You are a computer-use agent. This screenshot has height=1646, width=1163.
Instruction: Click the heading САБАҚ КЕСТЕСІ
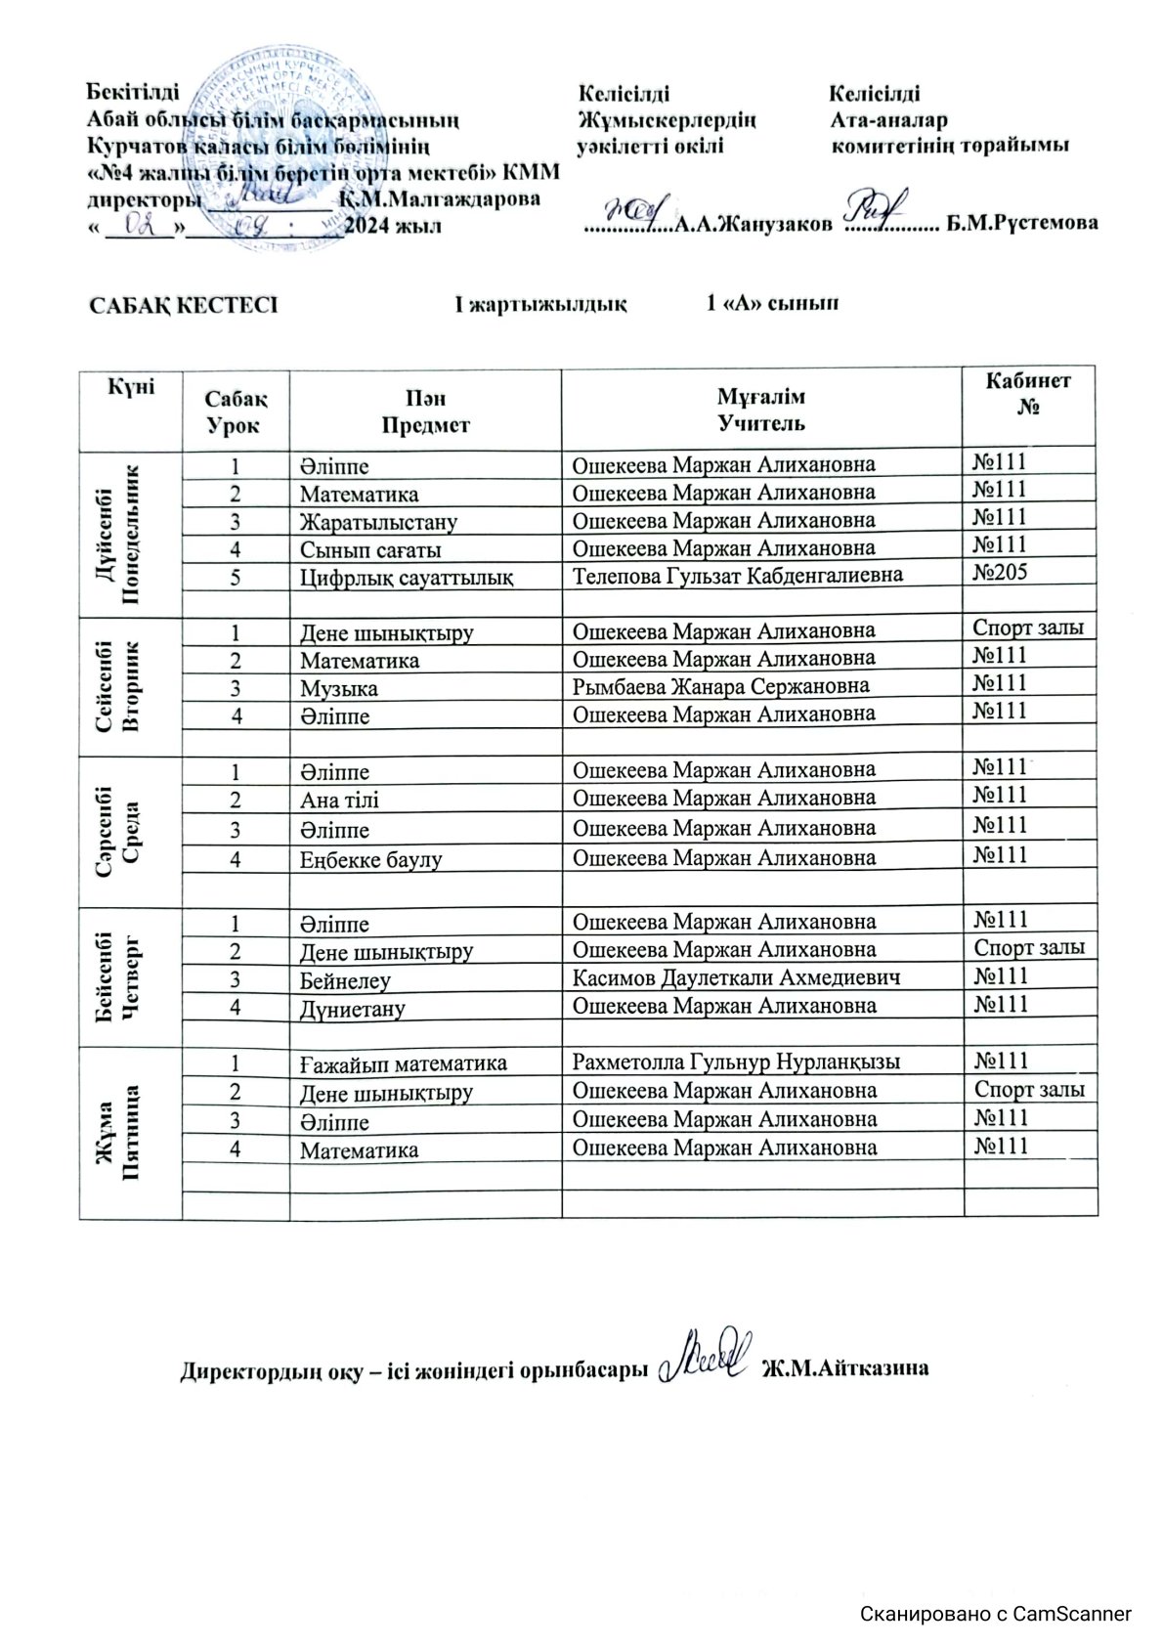coord(184,304)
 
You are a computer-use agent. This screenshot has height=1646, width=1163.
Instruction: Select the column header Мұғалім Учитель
coord(761,410)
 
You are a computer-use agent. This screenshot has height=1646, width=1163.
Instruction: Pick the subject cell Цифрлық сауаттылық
coord(407,577)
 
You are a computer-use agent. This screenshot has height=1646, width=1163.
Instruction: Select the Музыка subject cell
coord(339,688)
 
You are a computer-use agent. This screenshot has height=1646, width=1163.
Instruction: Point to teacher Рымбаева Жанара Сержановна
coord(720,686)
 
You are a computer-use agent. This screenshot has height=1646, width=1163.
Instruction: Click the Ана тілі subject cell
coord(340,800)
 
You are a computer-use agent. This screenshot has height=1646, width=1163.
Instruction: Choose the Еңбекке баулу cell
coord(371,860)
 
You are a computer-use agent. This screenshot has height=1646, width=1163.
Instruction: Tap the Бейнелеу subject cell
coord(346,979)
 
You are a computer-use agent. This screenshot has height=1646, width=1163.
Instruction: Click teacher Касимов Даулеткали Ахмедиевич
coord(736,976)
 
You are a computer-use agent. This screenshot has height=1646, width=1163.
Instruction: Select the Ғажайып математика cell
coord(404,1062)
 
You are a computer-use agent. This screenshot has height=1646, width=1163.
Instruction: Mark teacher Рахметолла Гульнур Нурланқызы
coord(736,1061)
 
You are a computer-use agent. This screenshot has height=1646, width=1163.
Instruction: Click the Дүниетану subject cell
coord(353,1008)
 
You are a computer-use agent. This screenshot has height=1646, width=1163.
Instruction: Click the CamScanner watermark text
coord(996,1613)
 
